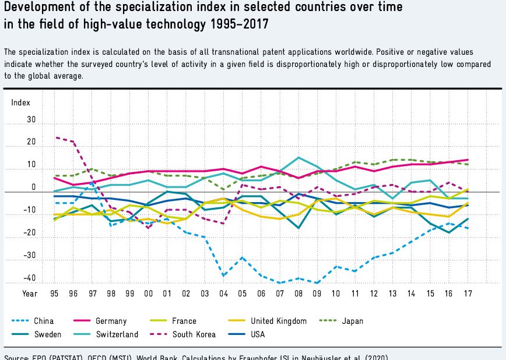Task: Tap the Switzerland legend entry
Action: click(117, 334)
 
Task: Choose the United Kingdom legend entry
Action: click(278, 321)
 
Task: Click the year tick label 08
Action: click(299, 294)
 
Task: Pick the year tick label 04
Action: click(224, 294)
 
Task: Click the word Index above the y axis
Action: click(20, 103)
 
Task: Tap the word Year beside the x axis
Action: click(30, 294)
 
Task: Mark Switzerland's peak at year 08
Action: click(299, 158)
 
